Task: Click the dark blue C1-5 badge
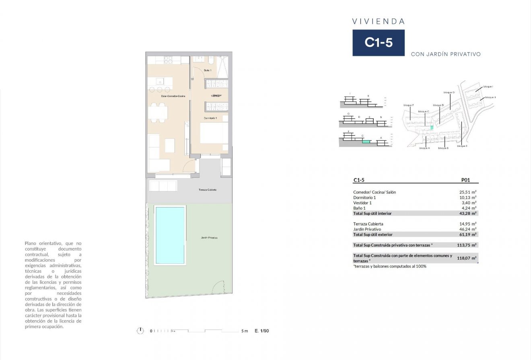point(379,43)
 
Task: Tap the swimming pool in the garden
point(169,235)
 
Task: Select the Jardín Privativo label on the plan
point(209,238)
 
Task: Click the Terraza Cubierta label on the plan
point(208,189)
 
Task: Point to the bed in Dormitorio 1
point(214,133)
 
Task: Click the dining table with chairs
point(158,113)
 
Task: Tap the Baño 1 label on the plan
point(208,70)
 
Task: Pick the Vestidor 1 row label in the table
point(362,203)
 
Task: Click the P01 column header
point(465,180)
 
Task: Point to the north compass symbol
point(140,331)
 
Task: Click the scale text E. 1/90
point(261,331)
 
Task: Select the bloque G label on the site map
point(449,93)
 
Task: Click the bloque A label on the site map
point(424,148)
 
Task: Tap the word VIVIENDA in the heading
point(378,22)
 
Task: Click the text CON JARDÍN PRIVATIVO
point(446,54)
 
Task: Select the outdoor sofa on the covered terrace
point(163,186)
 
